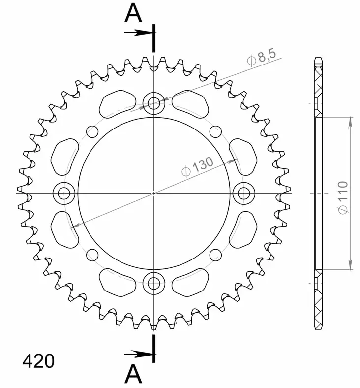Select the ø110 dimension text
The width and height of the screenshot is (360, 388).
343,196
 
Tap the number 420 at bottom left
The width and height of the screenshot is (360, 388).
38,362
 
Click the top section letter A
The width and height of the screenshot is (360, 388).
133,14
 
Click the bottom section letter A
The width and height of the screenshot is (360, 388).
133,374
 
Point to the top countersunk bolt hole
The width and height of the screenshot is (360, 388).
154,103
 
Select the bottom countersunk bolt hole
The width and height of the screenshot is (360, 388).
154,283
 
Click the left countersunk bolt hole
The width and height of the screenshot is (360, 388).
64,193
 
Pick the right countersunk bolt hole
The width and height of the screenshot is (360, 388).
243,193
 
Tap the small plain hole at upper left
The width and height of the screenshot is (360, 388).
92,131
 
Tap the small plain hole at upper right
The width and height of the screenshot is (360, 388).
215,131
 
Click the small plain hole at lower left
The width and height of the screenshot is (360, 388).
92,255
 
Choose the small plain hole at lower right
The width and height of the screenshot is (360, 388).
215,255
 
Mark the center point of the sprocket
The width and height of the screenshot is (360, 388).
154,193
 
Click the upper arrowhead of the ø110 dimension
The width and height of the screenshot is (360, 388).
351,121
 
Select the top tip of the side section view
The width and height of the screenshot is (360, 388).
319,59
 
